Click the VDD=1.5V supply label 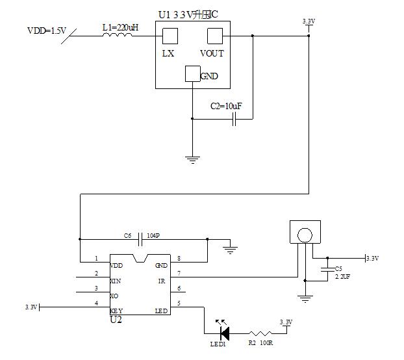(46, 31)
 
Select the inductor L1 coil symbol (117, 34)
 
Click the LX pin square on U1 (169, 36)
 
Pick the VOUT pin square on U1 (214, 36)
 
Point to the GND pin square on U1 (193, 74)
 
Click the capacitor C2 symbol (236, 119)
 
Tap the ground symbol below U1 (192, 157)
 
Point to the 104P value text (154, 235)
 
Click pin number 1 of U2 (96, 259)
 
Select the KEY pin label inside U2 (117, 311)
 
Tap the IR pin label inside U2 (162, 281)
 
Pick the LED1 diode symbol (224, 333)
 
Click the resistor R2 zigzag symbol (259, 333)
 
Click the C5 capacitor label (338, 268)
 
